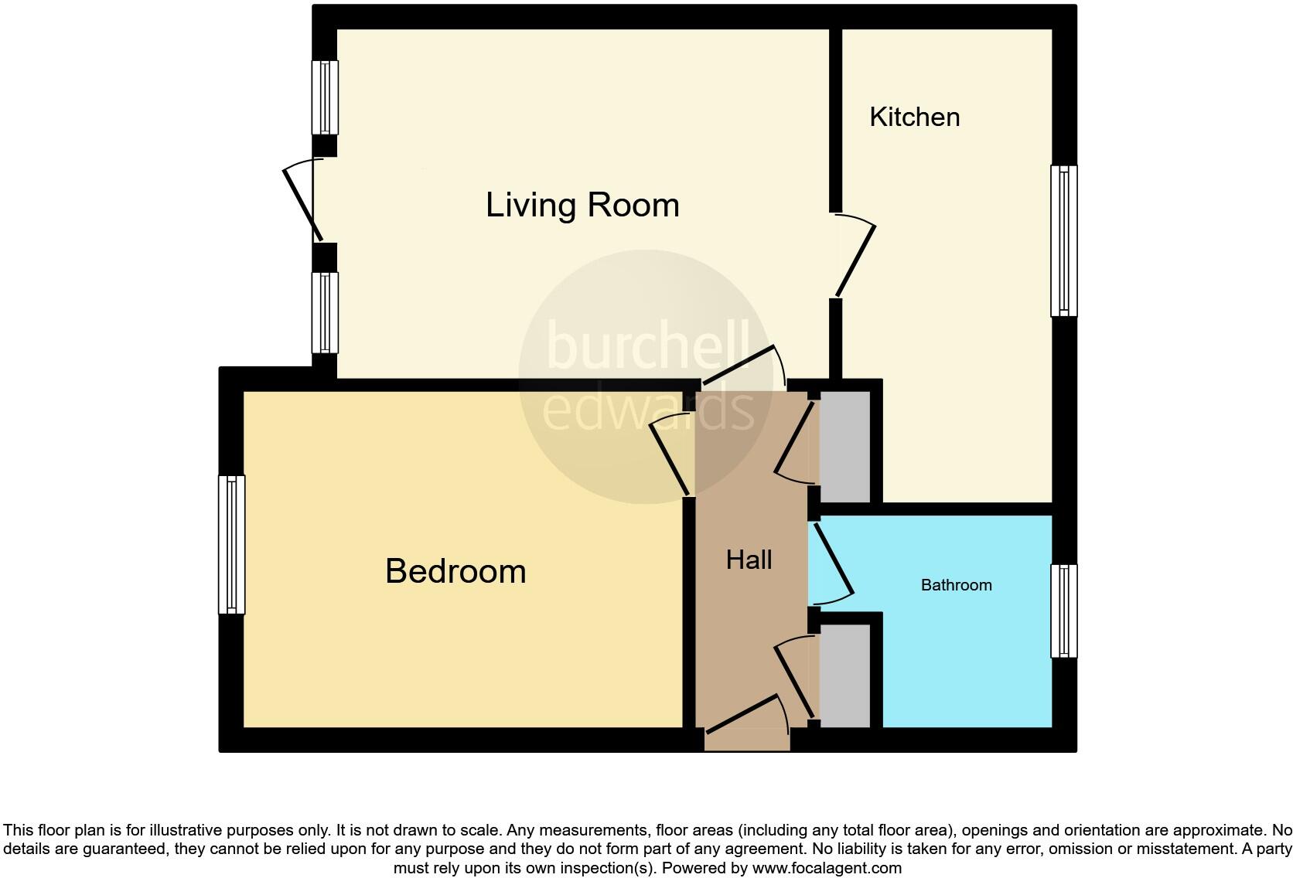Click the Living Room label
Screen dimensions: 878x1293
point(582,206)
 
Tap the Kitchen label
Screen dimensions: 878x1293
point(914,117)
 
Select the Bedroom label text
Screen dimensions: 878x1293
point(455,571)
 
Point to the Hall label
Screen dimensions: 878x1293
point(749,560)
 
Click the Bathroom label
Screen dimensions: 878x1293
point(956,585)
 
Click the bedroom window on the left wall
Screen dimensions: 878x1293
point(231,544)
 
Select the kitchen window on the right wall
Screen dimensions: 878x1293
point(1064,240)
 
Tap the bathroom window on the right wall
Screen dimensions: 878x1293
point(1064,611)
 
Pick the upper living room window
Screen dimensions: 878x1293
point(325,97)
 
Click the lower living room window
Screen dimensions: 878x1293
point(325,312)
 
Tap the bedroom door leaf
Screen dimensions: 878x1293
point(670,459)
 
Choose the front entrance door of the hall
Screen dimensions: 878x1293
point(742,714)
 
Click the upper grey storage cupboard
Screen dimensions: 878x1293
point(844,447)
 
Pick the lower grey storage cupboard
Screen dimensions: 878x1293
point(844,675)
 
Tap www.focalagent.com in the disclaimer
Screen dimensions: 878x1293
point(827,868)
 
